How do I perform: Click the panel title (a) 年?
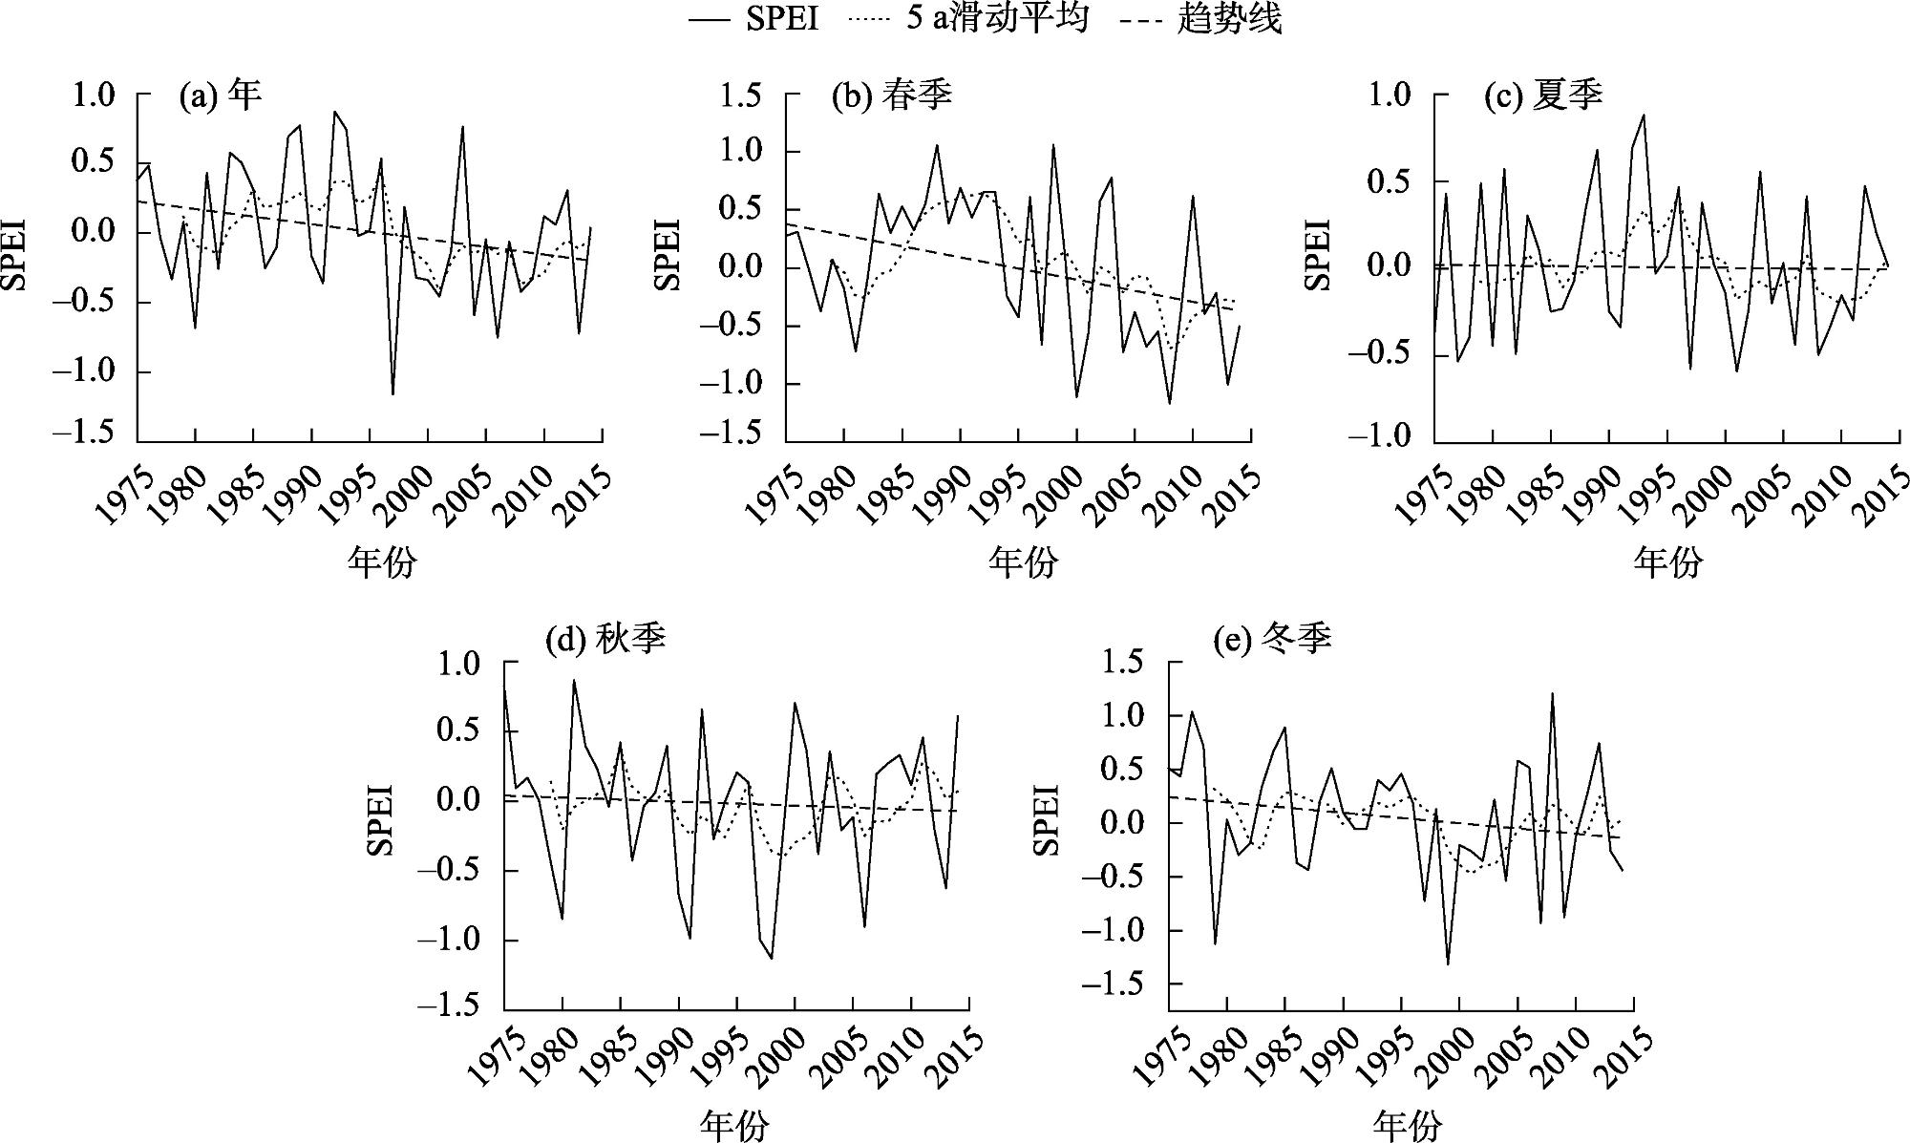(220, 95)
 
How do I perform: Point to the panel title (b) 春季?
(892, 95)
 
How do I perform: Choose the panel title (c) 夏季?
(1542, 95)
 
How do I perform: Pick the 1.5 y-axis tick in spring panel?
(743, 95)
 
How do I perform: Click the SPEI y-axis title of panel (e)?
(1048, 818)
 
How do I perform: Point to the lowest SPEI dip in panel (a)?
(393, 393)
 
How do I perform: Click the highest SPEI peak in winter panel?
(1552, 693)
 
